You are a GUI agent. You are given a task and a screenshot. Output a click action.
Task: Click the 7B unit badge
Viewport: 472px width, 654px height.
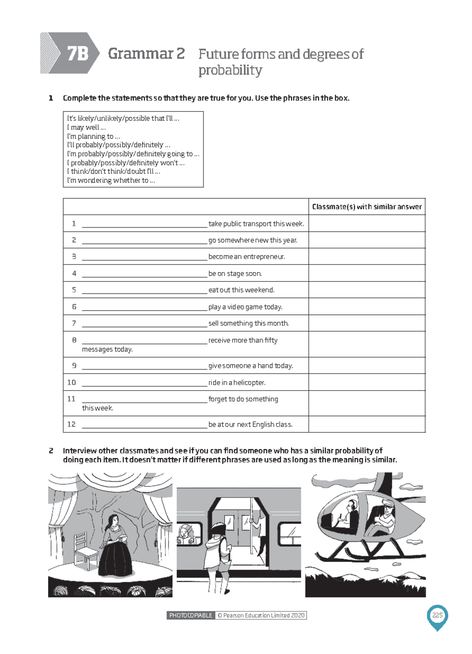(x=77, y=53)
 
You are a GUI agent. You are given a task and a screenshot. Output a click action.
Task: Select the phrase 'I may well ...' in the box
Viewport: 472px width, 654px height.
(x=86, y=127)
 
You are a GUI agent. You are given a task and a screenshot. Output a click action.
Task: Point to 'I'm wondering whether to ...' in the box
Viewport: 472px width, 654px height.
(x=111, y=180)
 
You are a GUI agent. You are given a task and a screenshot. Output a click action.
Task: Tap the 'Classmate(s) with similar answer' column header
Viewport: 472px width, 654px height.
(x=366, y=207)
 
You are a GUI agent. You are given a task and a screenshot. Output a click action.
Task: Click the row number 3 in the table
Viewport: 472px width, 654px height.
(x=74, y=256)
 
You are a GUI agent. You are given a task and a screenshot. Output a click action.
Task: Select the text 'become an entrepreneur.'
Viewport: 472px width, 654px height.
(x=247, y=257)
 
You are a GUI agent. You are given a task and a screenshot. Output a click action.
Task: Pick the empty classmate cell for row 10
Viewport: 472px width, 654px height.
(x=366, y=382)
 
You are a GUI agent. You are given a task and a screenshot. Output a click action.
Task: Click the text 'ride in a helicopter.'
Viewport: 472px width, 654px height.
(x=237, y=383)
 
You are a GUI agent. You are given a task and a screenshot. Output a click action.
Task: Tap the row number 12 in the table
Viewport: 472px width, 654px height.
(x=71, y=424)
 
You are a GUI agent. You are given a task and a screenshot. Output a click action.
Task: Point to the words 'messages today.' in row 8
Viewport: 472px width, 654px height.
(x=107, y=349)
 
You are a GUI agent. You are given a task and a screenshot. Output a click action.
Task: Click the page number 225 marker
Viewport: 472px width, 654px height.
(x=437, y=615)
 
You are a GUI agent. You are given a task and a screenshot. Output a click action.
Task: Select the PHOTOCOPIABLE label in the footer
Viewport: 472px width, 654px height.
(x=190, y=615)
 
